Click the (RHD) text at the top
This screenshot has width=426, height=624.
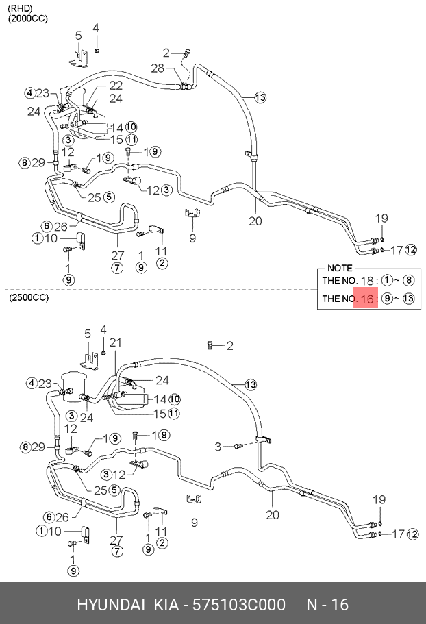21,8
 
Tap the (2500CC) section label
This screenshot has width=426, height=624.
29,299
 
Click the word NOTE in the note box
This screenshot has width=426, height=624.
340,269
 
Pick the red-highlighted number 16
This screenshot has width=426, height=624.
368,299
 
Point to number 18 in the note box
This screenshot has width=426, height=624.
368,281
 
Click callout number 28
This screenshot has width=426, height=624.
158,68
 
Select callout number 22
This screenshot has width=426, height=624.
116,85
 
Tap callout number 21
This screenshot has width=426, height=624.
115,342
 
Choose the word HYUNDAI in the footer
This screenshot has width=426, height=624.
110,605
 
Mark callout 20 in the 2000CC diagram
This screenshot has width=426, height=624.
255,221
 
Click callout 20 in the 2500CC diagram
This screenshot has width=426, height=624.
273,516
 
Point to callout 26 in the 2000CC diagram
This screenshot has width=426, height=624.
61,226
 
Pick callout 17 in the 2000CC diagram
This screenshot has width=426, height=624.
395,250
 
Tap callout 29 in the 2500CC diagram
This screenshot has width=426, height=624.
38,447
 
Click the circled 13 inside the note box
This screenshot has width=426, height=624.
408,299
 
